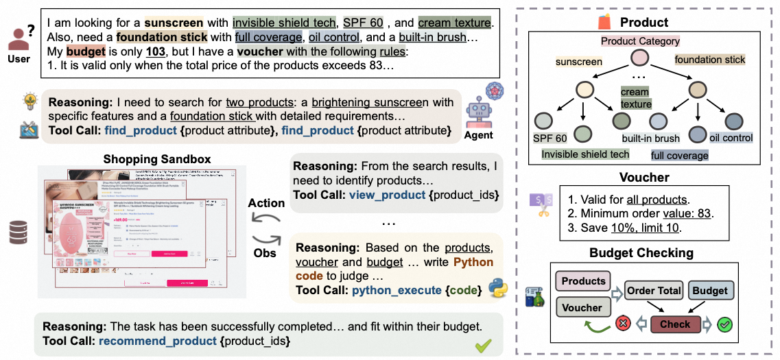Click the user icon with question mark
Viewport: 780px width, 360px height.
click(x=21, y=38)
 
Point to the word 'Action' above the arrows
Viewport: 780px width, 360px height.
click(x=266, y=203)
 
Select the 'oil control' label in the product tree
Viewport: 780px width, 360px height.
click(x=731, y=138)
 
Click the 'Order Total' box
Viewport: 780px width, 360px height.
click(x=654, y=291)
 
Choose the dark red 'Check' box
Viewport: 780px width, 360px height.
click(x=675, y=324)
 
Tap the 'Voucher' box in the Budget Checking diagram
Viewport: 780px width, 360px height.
click(x=582, y=309)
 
